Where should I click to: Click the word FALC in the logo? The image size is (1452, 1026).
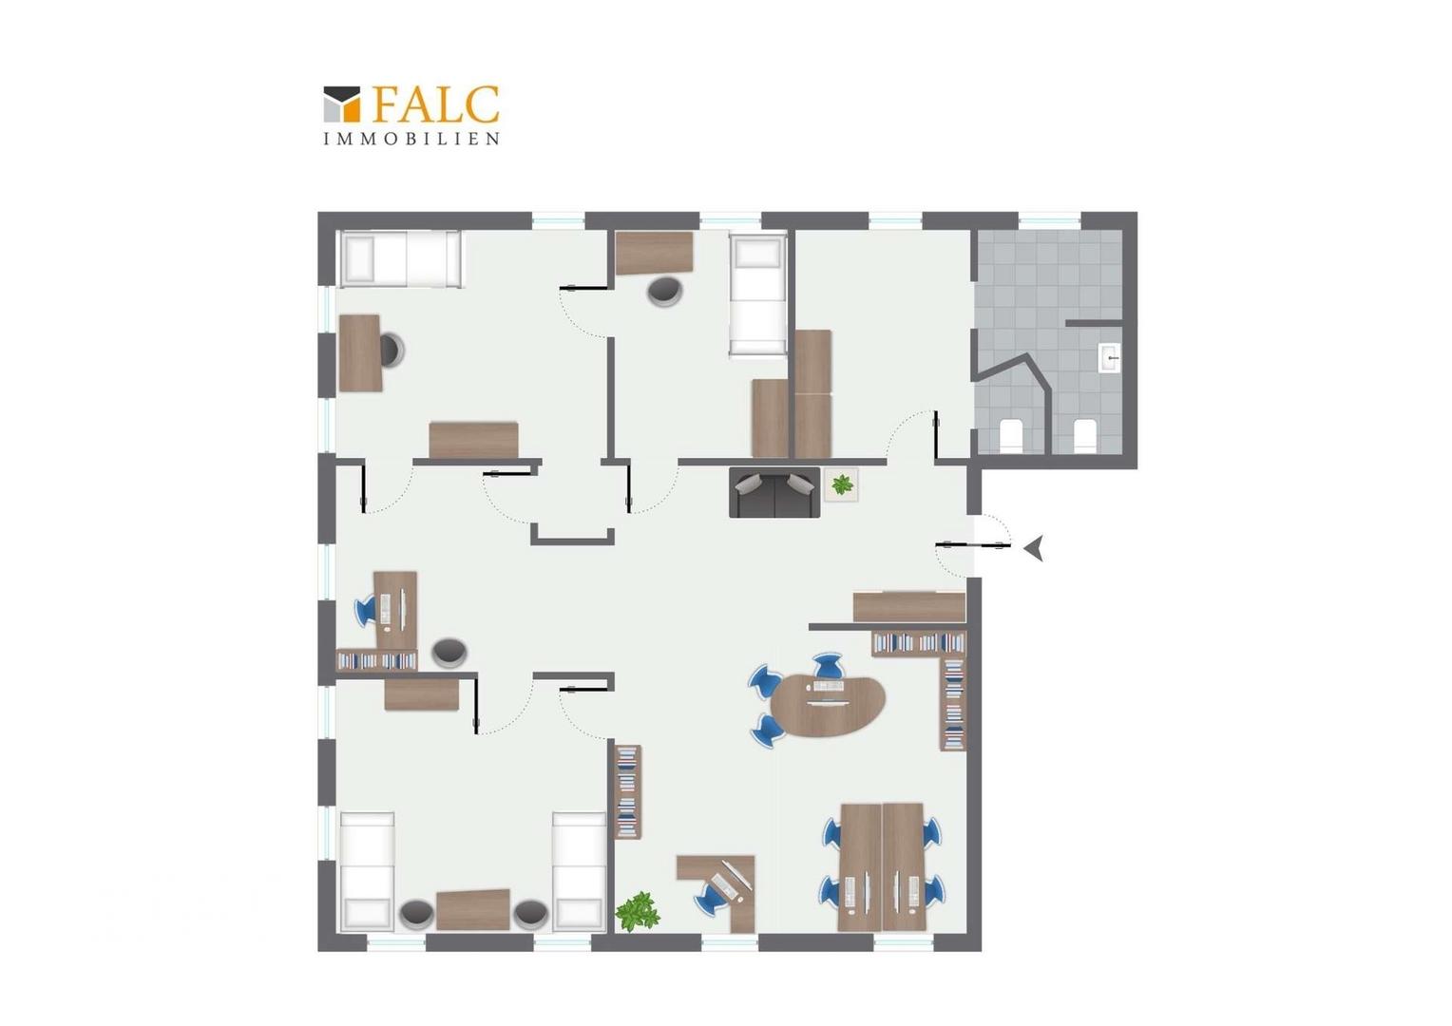click(436, 104)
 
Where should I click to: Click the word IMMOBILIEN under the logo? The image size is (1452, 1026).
click(411, 139)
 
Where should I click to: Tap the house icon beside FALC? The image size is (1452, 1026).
click(341, 104)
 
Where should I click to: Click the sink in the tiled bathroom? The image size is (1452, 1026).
click(1109, 358)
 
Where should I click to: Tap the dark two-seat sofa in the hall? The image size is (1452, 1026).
click(774, 492)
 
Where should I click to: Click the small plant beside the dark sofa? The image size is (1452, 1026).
click(841, 484)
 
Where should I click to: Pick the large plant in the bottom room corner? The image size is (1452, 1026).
click(638, 911)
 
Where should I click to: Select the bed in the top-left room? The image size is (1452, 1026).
click(401, 258)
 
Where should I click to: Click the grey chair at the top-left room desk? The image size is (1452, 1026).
click(392, 350)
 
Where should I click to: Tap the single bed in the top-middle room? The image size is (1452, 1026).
click(757, 294)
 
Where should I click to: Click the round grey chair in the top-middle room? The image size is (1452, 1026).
click(665, 291)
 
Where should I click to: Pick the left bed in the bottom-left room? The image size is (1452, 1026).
click(368, 872)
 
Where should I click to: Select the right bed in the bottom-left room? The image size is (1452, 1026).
click(580, 872)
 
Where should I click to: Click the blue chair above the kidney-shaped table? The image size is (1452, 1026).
click(828, 665)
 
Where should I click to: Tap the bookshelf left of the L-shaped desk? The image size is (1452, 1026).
click(627, 792)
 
